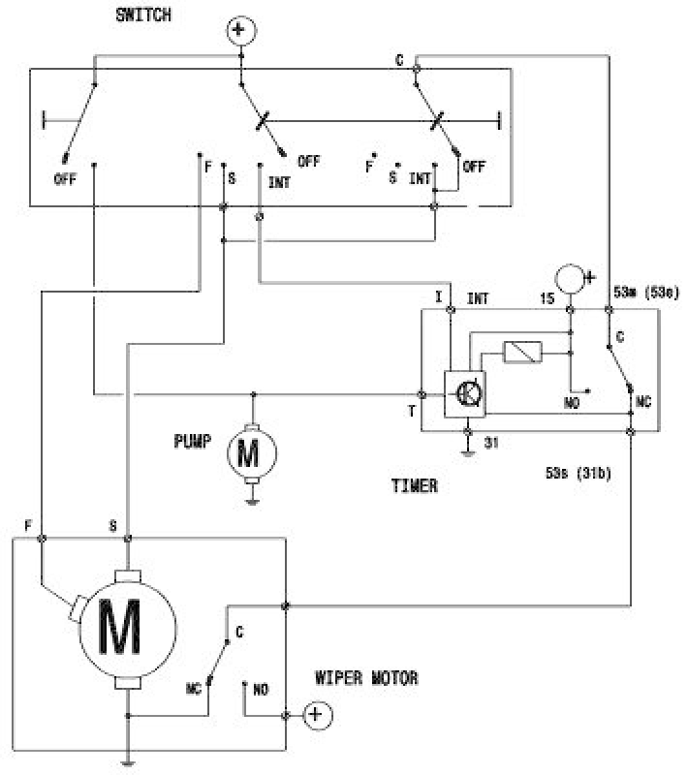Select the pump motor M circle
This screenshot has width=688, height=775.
pos(252,452)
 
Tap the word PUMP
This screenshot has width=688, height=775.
pos(193,441)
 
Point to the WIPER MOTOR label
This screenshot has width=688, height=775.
pos(366,678)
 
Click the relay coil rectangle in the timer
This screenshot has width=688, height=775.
pos(522,353)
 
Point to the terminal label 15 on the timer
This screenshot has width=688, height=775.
pos(547,298)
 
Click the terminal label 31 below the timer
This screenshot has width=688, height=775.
pos(490,444)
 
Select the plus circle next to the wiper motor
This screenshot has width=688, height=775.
pos(316,716)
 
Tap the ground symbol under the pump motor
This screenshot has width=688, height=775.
pos(252,502)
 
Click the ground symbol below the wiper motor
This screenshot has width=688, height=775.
pos(127,761)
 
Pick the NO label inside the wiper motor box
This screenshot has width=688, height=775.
pos(260,690)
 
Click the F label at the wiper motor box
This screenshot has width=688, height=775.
pos(29,524)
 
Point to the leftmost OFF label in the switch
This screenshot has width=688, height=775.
pos(66,179)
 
